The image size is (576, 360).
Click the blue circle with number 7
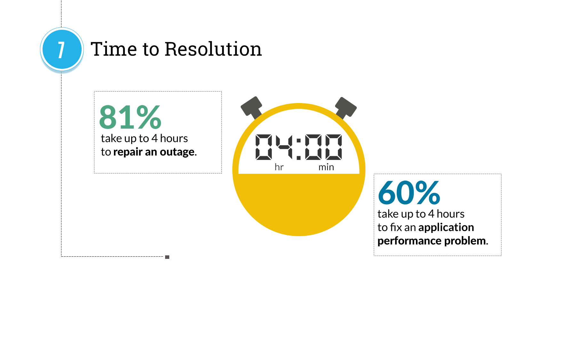(62, 49)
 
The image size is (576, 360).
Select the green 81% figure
(130, 117)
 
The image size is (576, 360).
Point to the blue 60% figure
(409, 192)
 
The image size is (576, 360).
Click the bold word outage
(177, 152)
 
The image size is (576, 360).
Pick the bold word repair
(128, 152)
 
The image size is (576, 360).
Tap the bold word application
(446, 228)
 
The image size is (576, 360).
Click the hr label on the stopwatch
(279, 167)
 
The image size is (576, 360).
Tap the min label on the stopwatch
(326, 167)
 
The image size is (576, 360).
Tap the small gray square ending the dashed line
(167, 257)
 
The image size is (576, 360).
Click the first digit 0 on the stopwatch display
(264, 147)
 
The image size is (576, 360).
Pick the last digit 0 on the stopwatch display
(334, 147)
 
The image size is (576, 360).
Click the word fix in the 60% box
(396, 227)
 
